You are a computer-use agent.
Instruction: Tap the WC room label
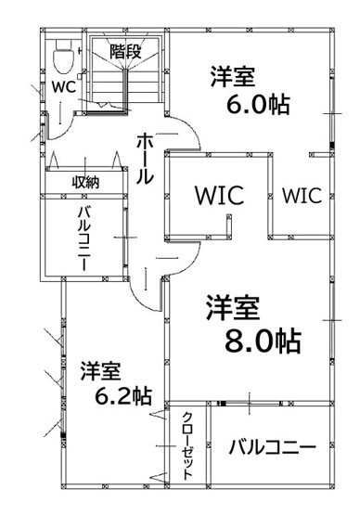coord(63,88)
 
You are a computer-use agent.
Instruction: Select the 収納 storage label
coord(85,182)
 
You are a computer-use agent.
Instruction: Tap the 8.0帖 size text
coord(264,340)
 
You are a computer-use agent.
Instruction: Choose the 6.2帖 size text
coord(123,395)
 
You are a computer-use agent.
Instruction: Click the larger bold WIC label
coord(218,196)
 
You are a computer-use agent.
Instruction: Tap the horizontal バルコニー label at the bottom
coord(272,446)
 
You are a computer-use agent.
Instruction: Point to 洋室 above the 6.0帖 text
coord(233,74)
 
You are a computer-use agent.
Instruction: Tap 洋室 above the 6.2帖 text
coord(100,370)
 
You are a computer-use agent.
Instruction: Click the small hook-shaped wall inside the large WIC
coord(228,224)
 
